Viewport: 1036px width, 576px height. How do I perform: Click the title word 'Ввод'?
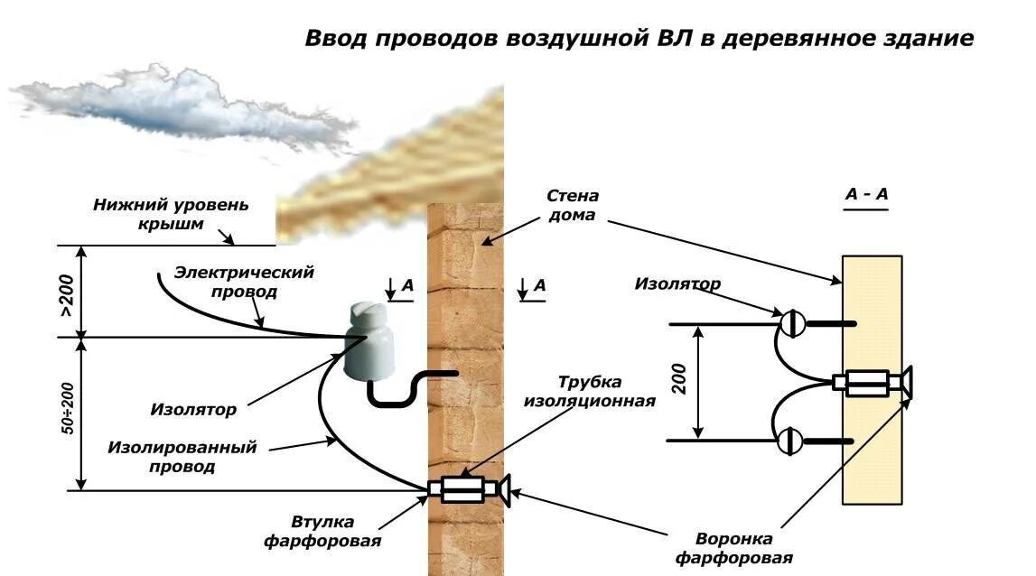(335, 39)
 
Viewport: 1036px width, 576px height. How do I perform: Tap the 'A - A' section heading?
(866, 194)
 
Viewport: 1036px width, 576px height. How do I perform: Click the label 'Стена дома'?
(572, 206)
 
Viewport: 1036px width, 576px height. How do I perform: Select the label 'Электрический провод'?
(244, 282)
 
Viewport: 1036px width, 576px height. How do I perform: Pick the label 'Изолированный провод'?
(182, 457)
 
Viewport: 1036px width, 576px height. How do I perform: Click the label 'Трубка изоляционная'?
(589, 391)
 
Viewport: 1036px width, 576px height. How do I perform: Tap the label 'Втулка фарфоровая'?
(322, 532)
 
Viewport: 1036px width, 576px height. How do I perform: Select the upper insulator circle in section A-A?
(792, 323)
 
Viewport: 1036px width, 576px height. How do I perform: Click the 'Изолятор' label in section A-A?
(677, 284)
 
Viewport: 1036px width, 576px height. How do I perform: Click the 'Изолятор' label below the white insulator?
(193, 409)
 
